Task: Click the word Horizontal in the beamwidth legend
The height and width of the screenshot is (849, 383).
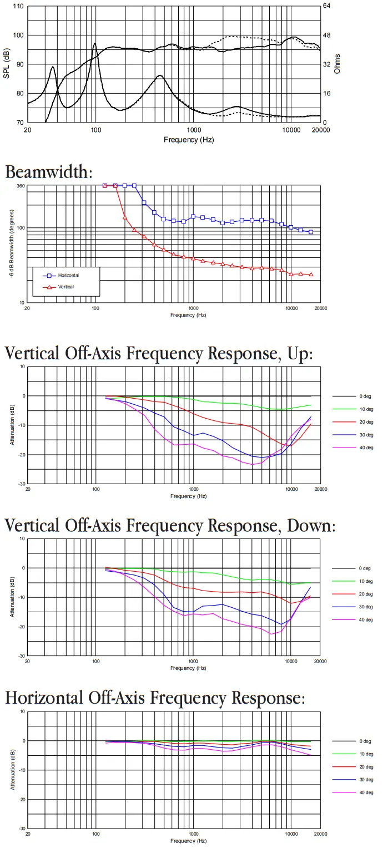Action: (68, 275)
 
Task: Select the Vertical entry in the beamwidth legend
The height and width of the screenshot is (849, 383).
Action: (66, 287)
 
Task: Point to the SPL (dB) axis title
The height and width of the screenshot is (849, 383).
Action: (7, 64)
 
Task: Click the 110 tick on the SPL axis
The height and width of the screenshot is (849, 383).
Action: (18, 7)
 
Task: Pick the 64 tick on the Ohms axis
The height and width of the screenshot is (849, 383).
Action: (327, 7)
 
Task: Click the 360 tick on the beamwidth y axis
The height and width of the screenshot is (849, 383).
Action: (21, 186)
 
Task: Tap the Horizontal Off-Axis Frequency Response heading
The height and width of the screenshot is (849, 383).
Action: (155, 698)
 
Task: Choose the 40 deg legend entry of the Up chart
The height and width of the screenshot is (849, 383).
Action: (366, 448)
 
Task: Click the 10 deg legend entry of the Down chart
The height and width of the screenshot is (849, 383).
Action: (366, 581)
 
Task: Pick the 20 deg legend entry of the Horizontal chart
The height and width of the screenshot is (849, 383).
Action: (366, 767)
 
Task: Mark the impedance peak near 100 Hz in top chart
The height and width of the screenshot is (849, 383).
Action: (94, 44)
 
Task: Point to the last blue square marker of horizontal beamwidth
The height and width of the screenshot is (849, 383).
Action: (311, 232)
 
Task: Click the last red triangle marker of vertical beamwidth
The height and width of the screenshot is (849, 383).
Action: (311, 274)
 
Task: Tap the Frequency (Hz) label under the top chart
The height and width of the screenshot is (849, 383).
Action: (189, 140)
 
